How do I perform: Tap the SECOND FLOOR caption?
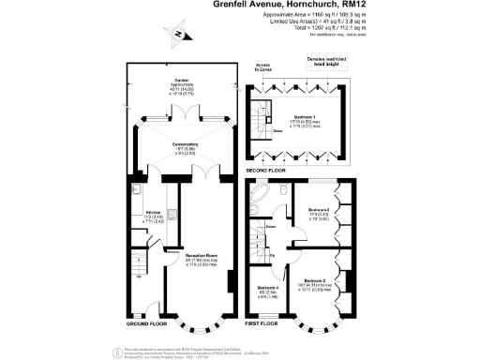click(x=266, y=171)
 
